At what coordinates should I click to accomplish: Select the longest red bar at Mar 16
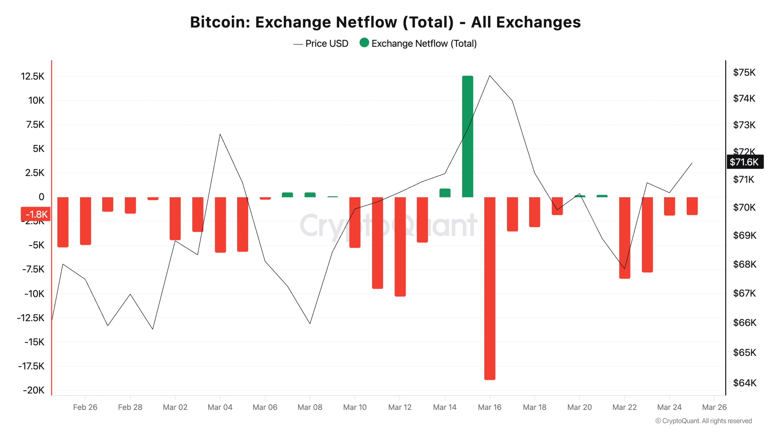pos(490,288)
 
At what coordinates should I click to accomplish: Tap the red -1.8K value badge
pos(36,214)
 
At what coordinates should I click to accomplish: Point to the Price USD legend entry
pos(321,44)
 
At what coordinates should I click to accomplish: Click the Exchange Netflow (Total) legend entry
pos(419,44)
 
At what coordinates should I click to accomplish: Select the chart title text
pos(385,22)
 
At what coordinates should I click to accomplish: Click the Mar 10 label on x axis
pos(355,407)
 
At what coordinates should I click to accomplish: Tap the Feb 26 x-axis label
pos(85,407)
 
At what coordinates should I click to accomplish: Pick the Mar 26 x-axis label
pos(714,407)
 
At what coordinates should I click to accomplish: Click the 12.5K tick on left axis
pos(33,76)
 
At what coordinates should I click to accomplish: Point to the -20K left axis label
pos(34,390)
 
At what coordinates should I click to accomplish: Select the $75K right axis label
pos(744,72)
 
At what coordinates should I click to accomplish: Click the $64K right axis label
pos(744,383)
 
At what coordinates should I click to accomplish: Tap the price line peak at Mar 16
pos(490,76)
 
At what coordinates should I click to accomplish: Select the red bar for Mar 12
pos(400,246)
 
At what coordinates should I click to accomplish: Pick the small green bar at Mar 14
pos(445,193)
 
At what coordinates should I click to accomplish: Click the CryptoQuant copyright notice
pos(704,421)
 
